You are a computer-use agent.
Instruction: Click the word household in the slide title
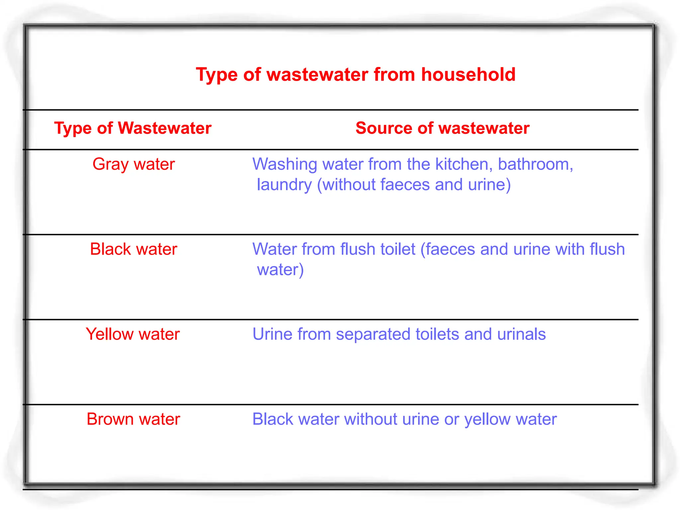pos(468,74)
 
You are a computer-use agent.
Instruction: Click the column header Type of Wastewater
pos(133,128)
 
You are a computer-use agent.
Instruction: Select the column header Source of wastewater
pos(442,128)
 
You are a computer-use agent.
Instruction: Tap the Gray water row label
pos(133,164)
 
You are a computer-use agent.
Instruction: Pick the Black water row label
pos(133,249)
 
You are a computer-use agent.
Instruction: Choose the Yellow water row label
pos(133,334)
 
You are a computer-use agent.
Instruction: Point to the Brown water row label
pos(133,419)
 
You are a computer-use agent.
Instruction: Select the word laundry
pos(284,185)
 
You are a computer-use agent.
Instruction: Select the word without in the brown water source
pos(371,419)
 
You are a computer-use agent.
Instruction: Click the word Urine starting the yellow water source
pos(272,334)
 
